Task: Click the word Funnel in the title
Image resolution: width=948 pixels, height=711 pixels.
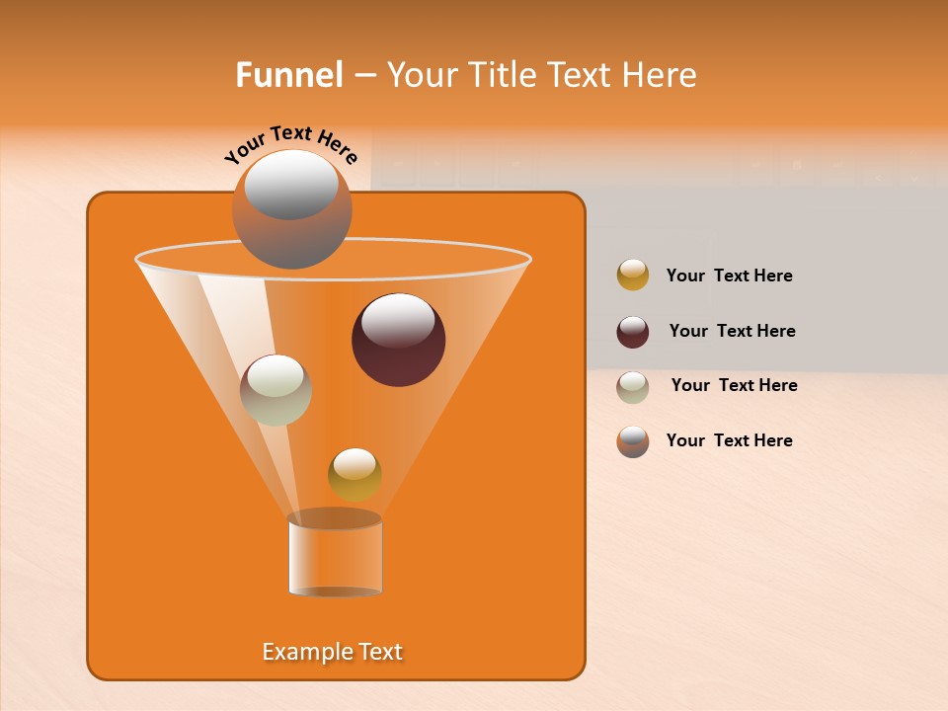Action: [x=289, y=75]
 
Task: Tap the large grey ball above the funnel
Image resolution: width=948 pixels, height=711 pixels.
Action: [x=291, y=208]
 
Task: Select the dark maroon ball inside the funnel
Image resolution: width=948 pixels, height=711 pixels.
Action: [x=398, y=339]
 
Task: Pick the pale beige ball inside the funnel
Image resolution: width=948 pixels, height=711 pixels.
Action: [x=276, y=390]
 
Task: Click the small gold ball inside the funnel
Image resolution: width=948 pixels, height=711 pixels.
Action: [x=355, y=474]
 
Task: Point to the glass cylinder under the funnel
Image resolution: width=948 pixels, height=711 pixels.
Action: [x=335, y=558]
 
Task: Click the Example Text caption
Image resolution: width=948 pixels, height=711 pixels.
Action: [x=333, y=652]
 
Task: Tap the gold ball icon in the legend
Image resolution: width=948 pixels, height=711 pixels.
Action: [x=633, y=276]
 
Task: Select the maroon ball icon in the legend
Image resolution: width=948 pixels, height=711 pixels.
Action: [x=633, y=332]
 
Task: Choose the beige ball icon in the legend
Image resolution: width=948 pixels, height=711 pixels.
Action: [x=633, y=387]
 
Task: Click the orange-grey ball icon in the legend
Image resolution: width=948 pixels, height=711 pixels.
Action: [x=633, y=441]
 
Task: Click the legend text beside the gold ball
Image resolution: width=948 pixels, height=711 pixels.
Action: [x=729, y=276]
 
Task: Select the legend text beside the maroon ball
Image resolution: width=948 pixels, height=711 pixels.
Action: [x=732, y=331]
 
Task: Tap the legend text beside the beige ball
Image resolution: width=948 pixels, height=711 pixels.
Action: [x=734, y=385]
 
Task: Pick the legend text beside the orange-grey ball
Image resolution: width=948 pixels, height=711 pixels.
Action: [x=729, y=440]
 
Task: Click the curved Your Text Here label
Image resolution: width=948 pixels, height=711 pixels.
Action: [x=290, y=143]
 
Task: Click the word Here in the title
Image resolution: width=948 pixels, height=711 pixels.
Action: [x=661, y=75]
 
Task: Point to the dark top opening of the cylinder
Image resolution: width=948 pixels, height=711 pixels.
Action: [x=335, y=518]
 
